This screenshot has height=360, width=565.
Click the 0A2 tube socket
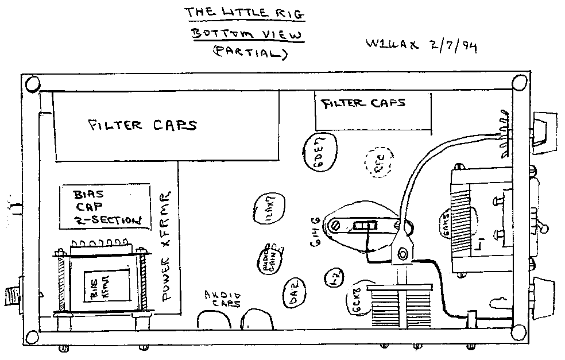(x=296, y=285)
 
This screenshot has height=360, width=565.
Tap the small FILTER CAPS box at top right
(x=373, y=112)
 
